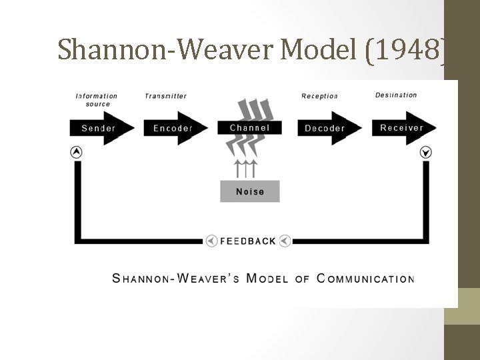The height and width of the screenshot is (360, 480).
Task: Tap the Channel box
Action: click(250, 127)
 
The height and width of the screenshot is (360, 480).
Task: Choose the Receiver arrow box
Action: click(403, 128)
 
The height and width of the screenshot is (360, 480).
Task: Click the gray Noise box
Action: click(250, 191)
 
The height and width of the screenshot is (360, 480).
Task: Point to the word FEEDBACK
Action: click(248, 241)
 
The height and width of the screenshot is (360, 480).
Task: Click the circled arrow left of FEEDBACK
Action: click(211, 241)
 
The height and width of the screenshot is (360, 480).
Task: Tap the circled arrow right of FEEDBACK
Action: click(285, 241)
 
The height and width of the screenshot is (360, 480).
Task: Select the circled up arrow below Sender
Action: click(77, 152)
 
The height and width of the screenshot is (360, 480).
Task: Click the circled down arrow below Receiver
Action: click(426, 153)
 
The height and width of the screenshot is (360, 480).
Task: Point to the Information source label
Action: click(97, 99)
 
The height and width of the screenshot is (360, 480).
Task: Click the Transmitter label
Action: click(166, 96)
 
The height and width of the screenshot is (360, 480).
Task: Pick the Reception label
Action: click(320, 96)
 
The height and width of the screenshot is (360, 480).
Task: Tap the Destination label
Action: click(396, 95)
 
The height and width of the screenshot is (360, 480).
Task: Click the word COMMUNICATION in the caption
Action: click(366, 278)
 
